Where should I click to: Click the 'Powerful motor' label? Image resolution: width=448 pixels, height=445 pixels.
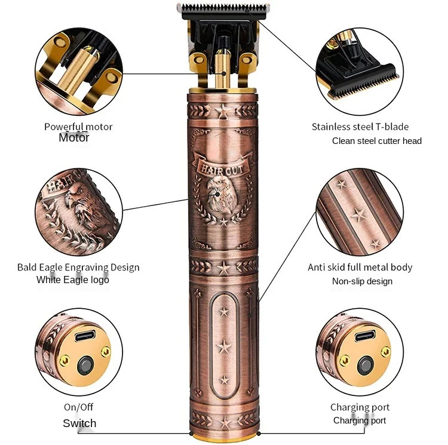pyautogui.click(x=78, y=127)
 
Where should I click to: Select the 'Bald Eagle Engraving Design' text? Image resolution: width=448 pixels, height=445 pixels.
pyautogui.click(x=78, y=267)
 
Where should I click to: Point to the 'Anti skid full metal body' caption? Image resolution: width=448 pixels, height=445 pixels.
pyautogui.click(x=360, y=267)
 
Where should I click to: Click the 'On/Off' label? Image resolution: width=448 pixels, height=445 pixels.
pyautogui.click(x=78, y=407)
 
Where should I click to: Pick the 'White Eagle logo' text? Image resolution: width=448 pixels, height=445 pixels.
pyautogui.click(x=73, y=280)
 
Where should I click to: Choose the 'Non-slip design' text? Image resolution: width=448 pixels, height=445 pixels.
pyautogui.click(x=362, y=281)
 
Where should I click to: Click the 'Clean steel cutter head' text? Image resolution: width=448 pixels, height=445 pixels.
pyautogui.click(x=377, y=141)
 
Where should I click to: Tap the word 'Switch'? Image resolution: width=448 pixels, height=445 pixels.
pyautogui.click(x=79, y=423)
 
